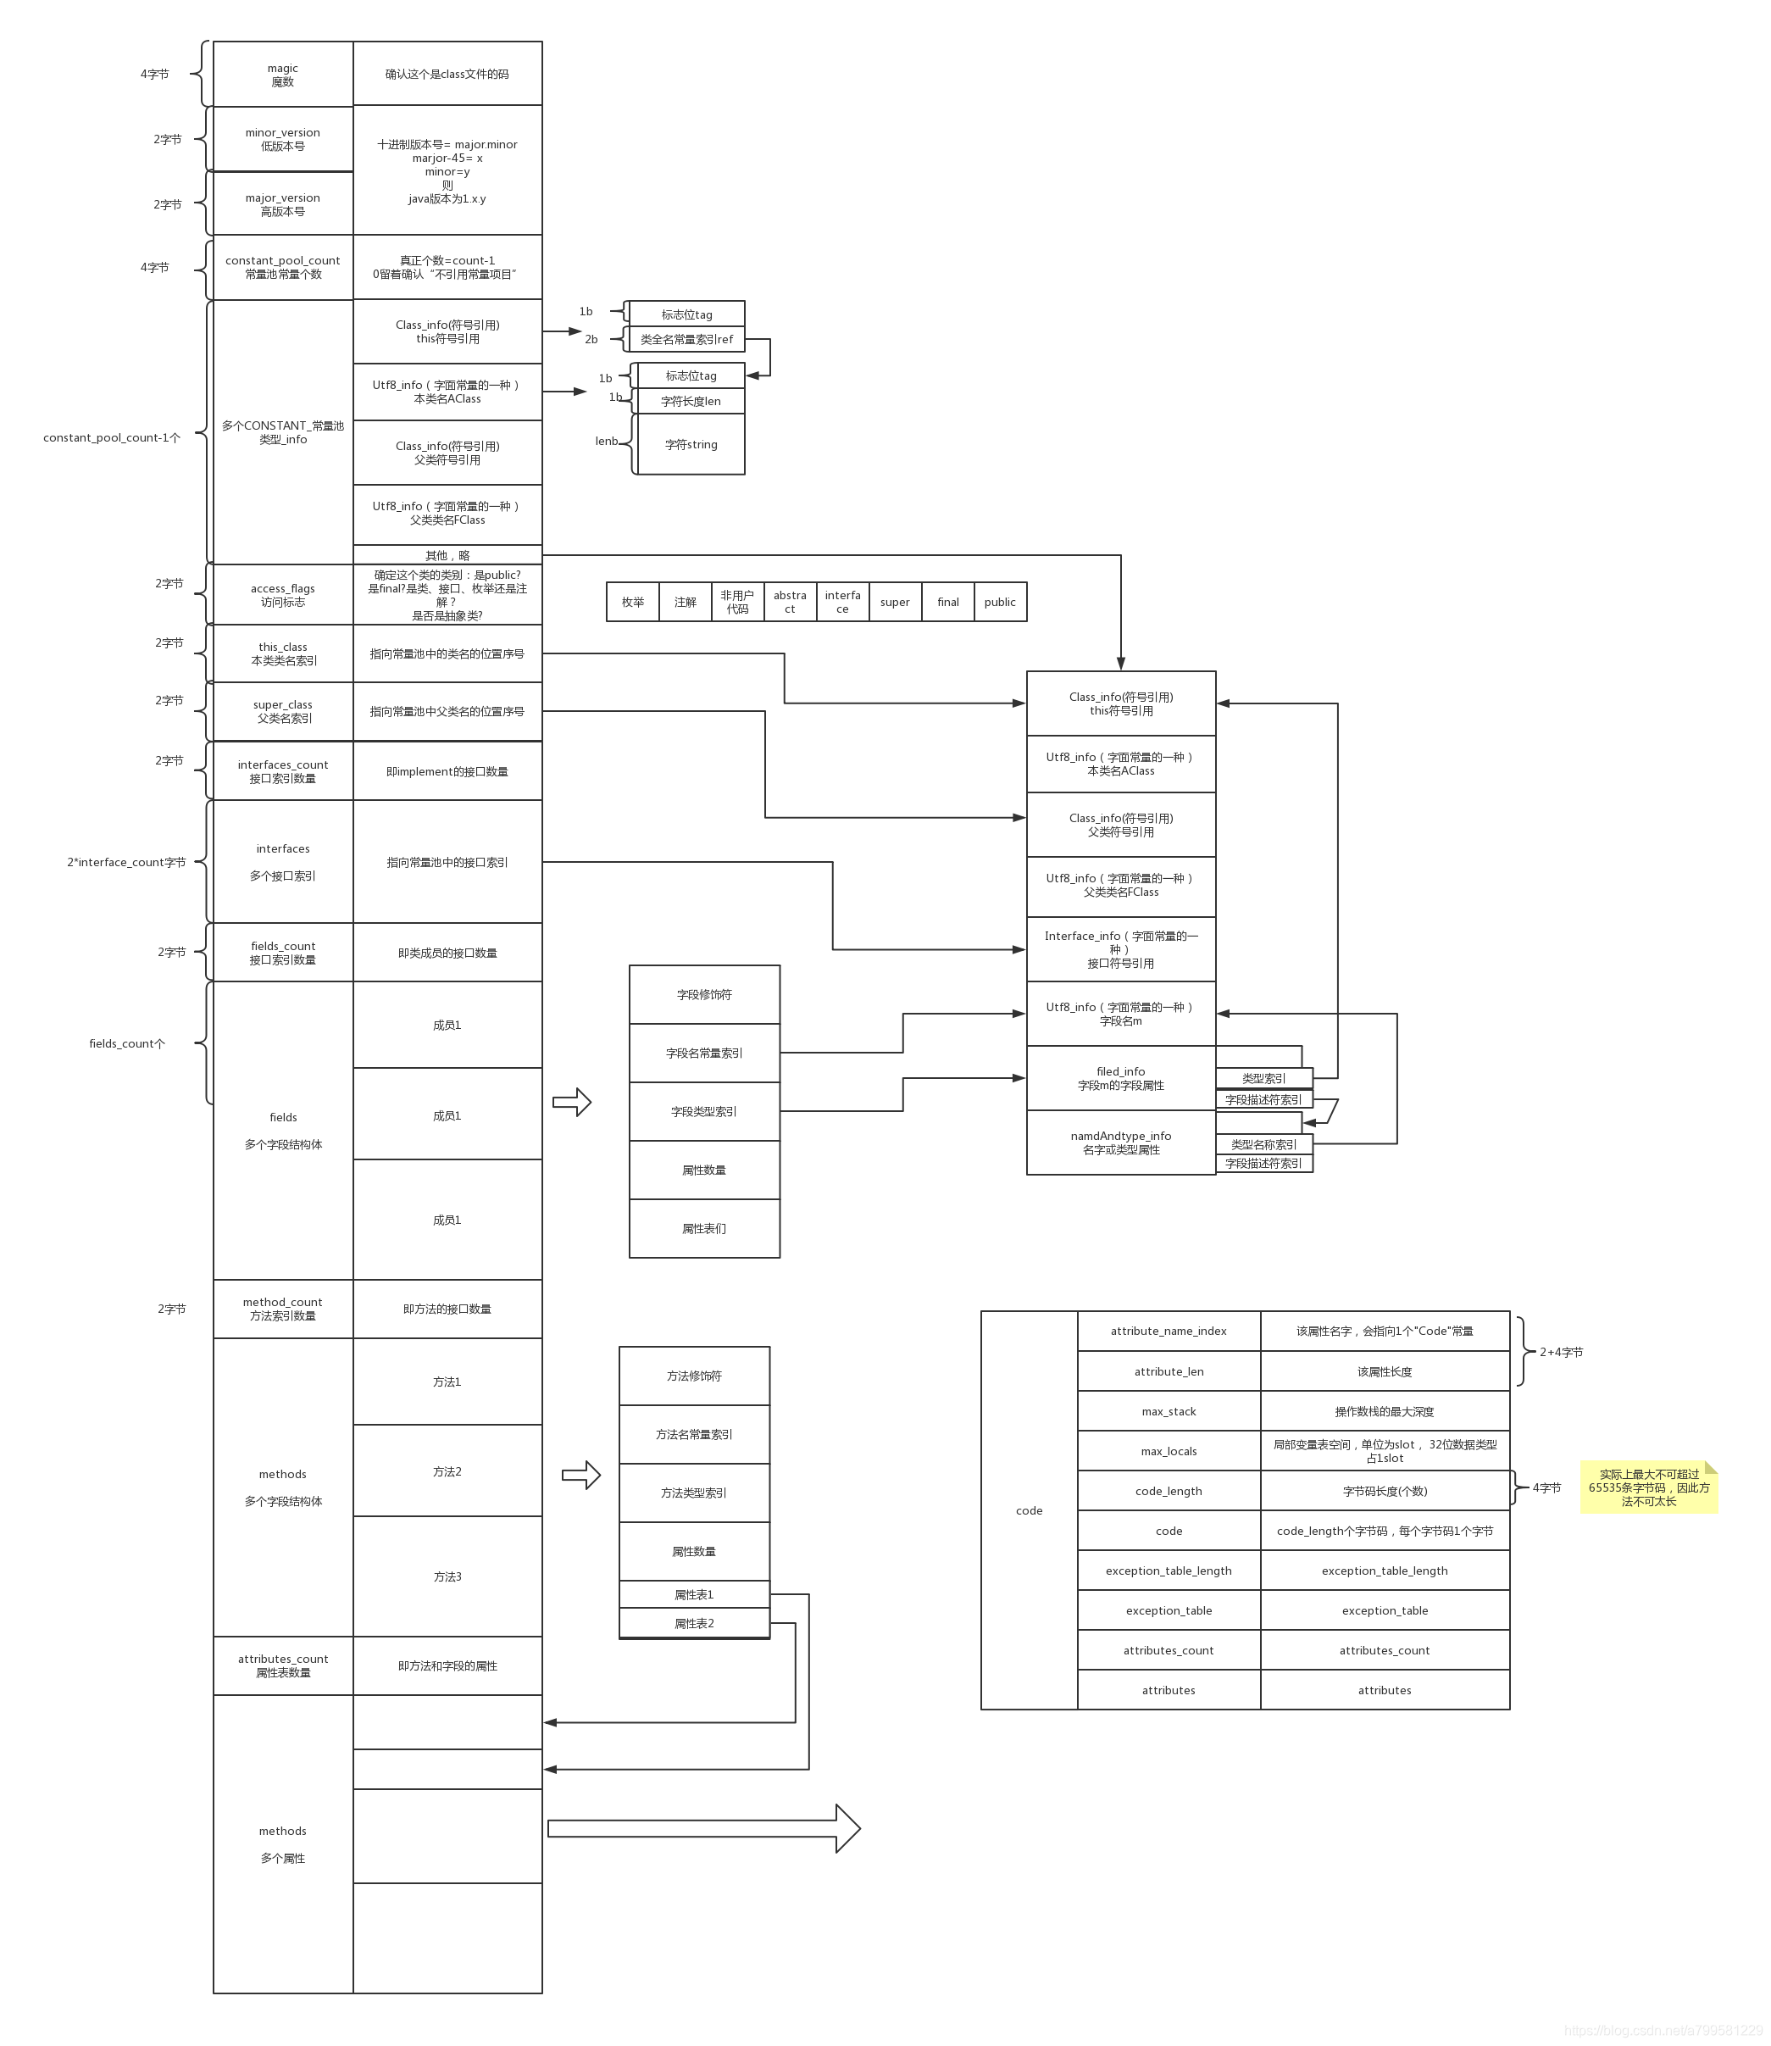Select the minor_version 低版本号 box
click(x=283, y=139)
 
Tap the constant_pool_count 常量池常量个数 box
click(x=283, y=267)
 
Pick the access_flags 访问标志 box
click(x=283, y=595)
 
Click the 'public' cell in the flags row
click(x=999, y=602)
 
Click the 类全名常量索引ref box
click(x=687, y=339)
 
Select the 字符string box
click(x=691, y=445)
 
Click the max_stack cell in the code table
click(x=1169, y=1411)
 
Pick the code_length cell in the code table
click(x=1169, y=1491)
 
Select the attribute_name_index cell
click(x=1169, y=1332)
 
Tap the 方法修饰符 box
click(x=694, y=1376)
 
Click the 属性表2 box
click(x=694, y=1623)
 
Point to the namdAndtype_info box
click(x=1121, y=1143)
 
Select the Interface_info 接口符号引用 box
click(x=1121, y=949)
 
